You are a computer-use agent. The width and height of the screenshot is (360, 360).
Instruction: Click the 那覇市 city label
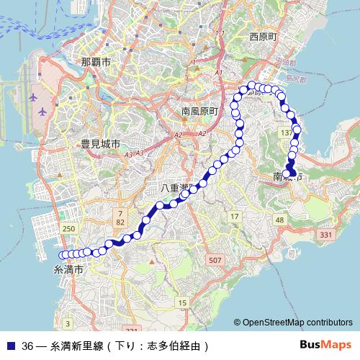pyautogui.click(x=96, y=63)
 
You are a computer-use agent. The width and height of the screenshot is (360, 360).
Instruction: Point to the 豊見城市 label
pyautogui.click(x=100, y=144)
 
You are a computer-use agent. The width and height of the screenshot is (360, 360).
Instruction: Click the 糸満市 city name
pyautogui.click(x=69, y=269)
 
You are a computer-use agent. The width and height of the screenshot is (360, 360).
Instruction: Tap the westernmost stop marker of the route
pyautogui.click(x=63, y=254)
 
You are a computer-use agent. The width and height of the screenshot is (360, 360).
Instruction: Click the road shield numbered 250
pyautogui.click(x=69, y=228)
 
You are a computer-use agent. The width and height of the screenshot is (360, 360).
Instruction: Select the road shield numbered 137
pyautogui.click(x=287, y=133)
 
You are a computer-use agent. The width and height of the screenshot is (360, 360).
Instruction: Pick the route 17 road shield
pyautogui.click(x=234, y=216)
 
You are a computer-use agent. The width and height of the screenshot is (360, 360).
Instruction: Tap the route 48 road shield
pyautogui.click(x=280, y=219)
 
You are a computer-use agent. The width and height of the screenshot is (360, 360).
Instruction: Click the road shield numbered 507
pyautogui.click(x=214, y=259)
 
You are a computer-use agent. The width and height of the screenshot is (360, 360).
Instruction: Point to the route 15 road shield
pyautogui.click(x=183, y=302)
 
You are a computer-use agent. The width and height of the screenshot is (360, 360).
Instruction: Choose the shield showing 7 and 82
pyautogui.click(x=121, y=218)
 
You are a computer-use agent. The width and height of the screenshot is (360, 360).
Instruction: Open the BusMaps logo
pyautogui.click(x=325, y=345)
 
